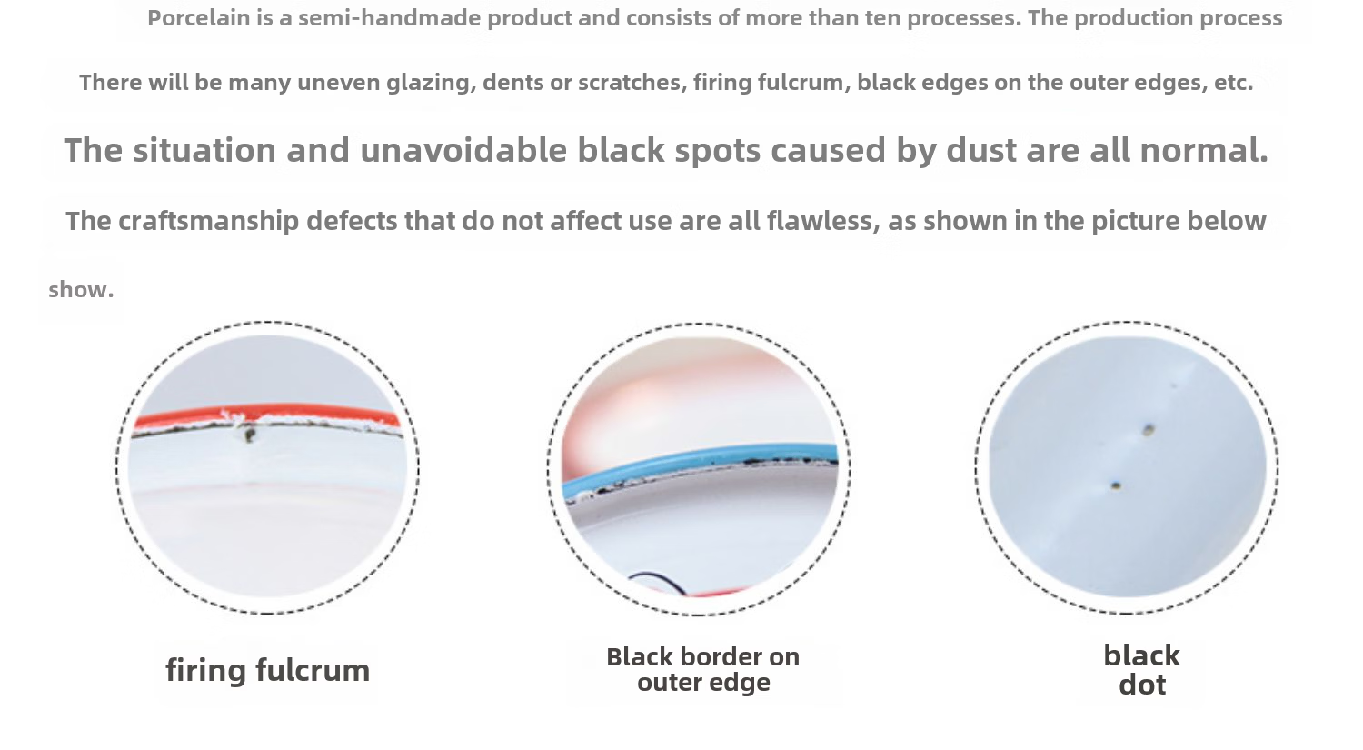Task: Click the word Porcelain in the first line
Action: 198,18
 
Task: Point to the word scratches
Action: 632,82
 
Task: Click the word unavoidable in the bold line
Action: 463,150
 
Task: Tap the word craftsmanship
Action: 209,221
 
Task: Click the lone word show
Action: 81,290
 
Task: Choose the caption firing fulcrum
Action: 268,671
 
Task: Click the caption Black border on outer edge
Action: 703,670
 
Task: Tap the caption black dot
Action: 1142,670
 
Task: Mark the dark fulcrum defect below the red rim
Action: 249,435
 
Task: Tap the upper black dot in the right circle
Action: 1149,430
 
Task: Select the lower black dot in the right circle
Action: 1116,485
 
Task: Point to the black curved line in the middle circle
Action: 657,582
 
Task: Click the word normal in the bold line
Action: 1204,150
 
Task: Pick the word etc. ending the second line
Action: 1233,83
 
